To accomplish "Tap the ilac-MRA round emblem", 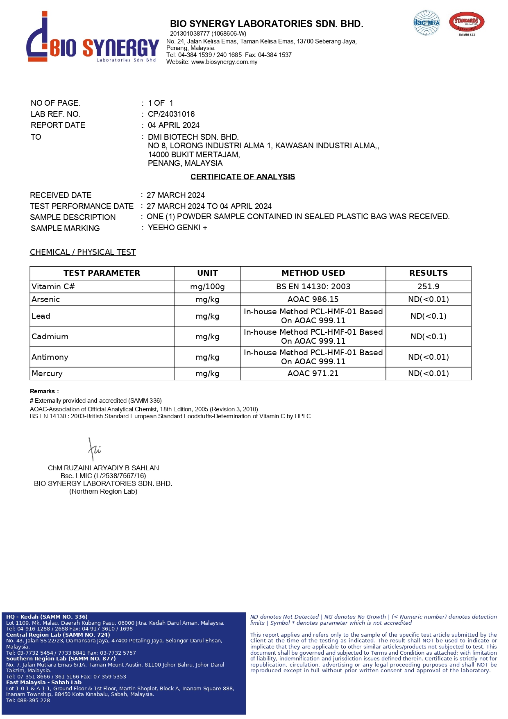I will [x=426, y=23].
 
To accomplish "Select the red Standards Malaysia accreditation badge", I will [x=467, y=23].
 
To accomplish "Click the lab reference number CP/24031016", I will [x=171, y=114].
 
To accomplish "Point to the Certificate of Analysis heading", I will [x=243, y=177].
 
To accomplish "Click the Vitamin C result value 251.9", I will [x=428, y=286].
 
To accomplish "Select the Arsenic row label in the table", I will [x=45, y=299].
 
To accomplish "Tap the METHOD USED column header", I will [x=313, y=273].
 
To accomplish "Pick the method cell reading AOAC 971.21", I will [x=313, y=373].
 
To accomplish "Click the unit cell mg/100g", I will [x=207, y=286].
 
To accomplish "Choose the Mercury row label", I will [x=47, y=373].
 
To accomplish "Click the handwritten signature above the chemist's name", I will [x=94, y=449].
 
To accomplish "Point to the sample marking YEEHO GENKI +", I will [x=177, y=228].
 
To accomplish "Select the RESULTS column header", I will [x=428, y=273].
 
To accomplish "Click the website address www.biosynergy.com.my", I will [x=224, y=62].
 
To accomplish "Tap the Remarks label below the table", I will [x=44, y=391].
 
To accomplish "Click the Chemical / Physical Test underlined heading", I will [x=83, y=252].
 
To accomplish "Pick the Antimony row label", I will [x=50, y=357].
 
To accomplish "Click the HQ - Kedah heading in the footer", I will [x=47, y=617].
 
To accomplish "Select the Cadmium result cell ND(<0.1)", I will [x=428, y=336].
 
